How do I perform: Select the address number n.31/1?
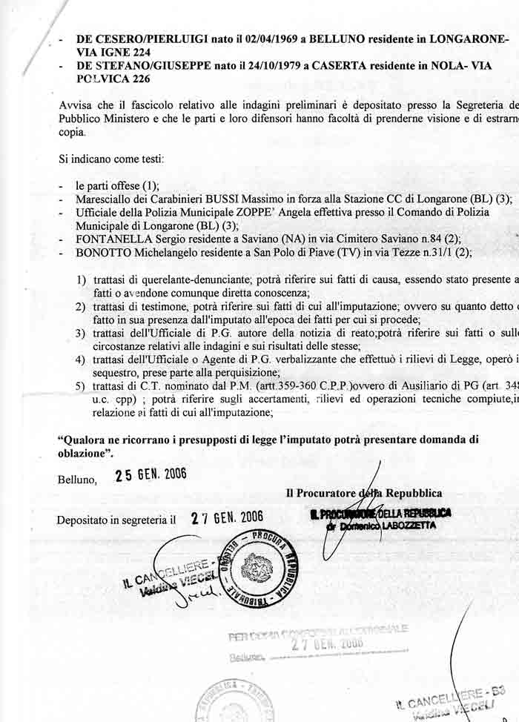[x=438, y=252]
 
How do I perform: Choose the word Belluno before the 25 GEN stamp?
[x=77, y=480]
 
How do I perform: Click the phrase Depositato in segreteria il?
[x=116, y=520]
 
